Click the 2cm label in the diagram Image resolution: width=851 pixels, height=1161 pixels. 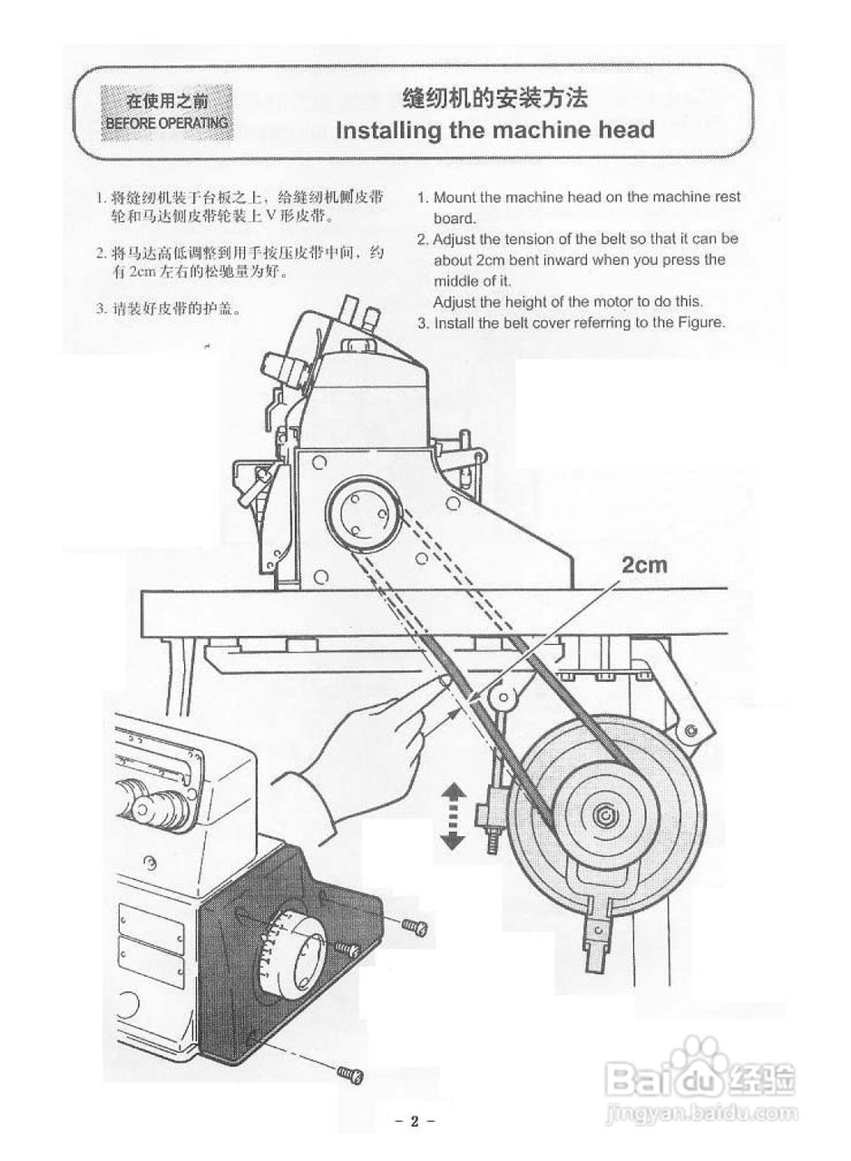643,566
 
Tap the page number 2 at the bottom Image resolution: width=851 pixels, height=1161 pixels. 415,1121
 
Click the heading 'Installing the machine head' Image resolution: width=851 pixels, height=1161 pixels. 494,130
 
